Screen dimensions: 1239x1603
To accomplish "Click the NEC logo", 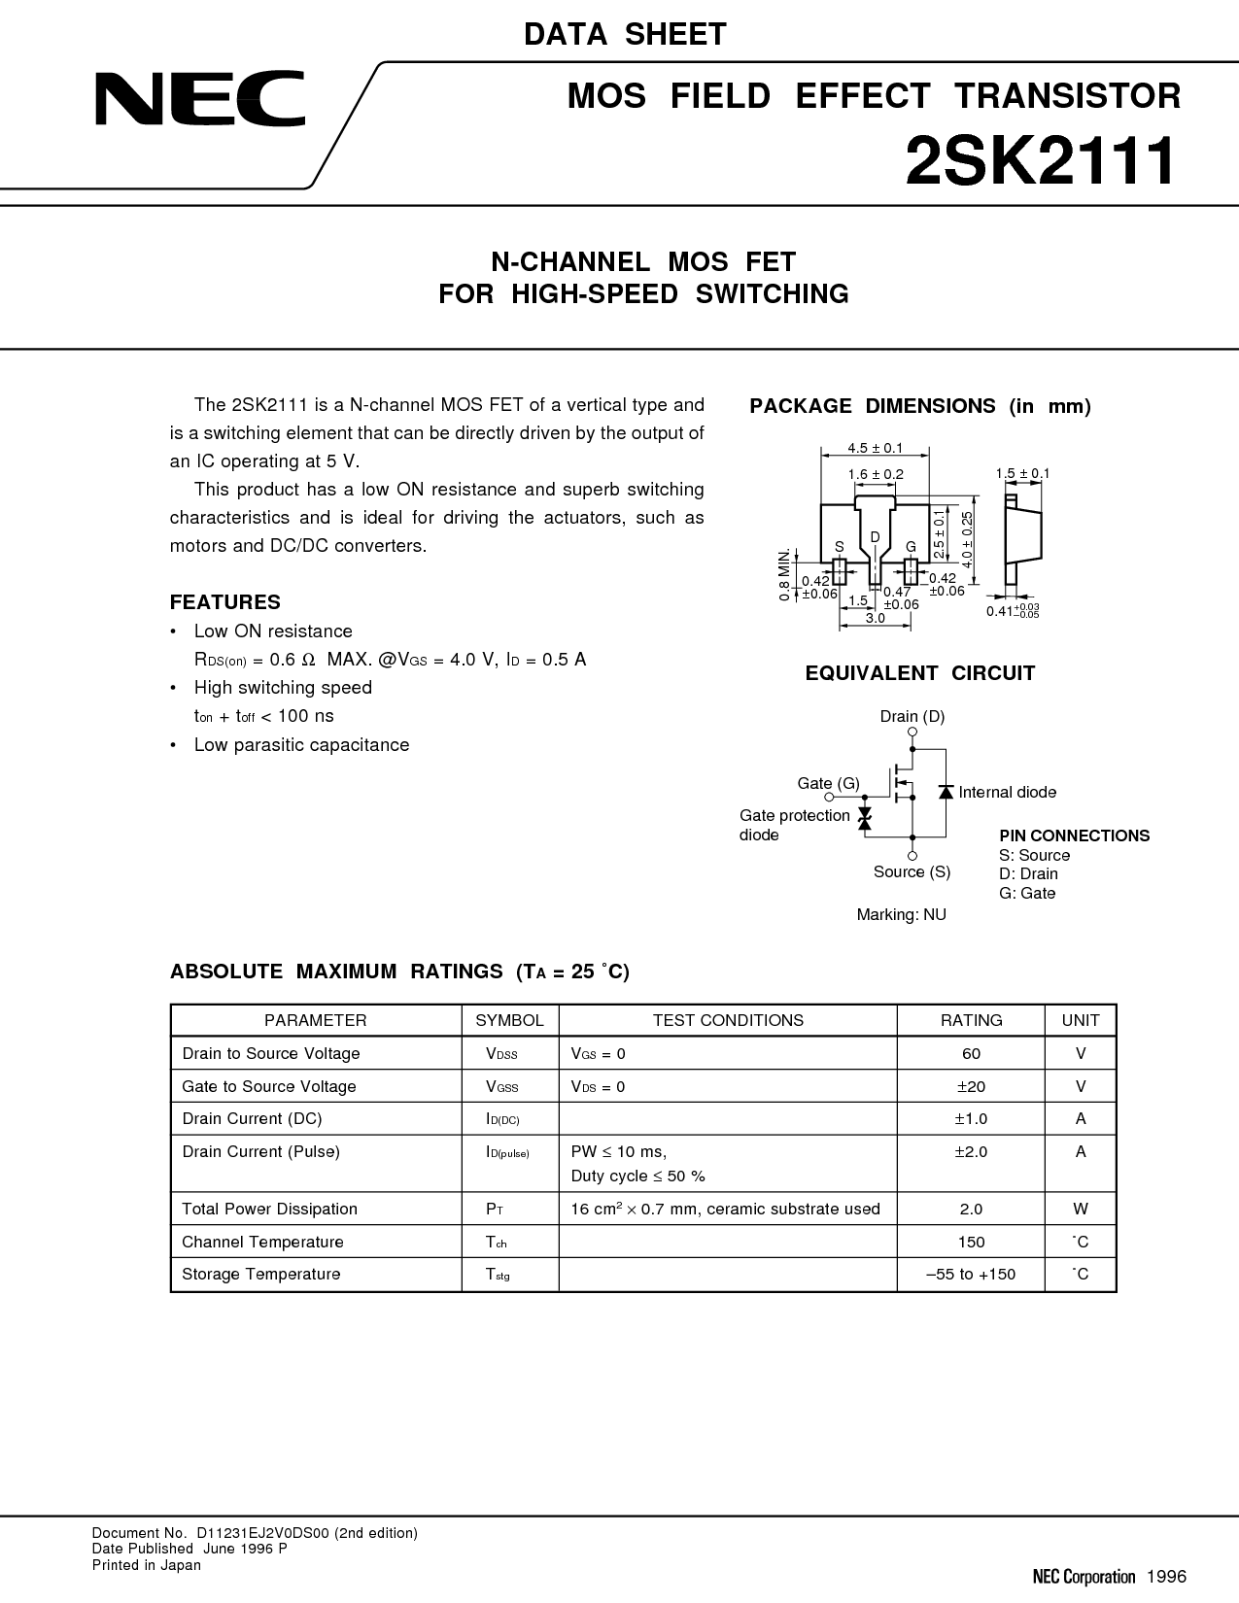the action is pyautogui.click(x=200, y=98).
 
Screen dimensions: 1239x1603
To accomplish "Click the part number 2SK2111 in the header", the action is pyautogui.click(x=1041, y=161).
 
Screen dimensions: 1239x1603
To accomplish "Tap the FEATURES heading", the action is pyautogui.click(x=225, y=602).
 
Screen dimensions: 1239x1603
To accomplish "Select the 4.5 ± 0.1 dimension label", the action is pyautogui.click(x=876, y=448).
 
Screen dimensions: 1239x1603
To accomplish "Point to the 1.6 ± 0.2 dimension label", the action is pyautogui.click(x=876, y=474).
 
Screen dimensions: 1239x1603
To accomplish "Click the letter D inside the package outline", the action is pyautogui.click(x=876, y=537).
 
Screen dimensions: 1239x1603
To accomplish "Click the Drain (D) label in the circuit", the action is pyautogui.click(x=912, y=716).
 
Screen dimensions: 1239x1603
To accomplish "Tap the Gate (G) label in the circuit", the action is pyautogui.click(x=828, y=783).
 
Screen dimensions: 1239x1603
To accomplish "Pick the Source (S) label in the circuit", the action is pyautogui.click(x=912, y=872).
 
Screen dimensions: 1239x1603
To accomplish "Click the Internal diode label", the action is pyautogui.click(x=1008, y=793).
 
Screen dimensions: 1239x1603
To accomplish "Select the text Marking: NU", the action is pyautogui.click(x=901, y=915).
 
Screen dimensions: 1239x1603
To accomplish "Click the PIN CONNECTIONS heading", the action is pyautogui.click(x=1075, y=836).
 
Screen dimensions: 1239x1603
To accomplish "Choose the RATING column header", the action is pyautogui.click(x=971, y=1020).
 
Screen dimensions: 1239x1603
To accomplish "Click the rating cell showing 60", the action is pyautogui.click(x=971, y=1053).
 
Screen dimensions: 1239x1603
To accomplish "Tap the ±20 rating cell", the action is pyautogui.click(x=971, y=1086).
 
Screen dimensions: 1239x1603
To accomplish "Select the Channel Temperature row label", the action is pyautogui.click(x=262, y=1243).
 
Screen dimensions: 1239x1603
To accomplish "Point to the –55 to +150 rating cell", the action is pyautogui.click(x=971, y=1275).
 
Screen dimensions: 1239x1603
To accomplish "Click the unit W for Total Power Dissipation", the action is pyautogui.click(x=1081, y=1210).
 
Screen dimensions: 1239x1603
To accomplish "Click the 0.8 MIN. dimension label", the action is pyautogui.click(x=783, y=574).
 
